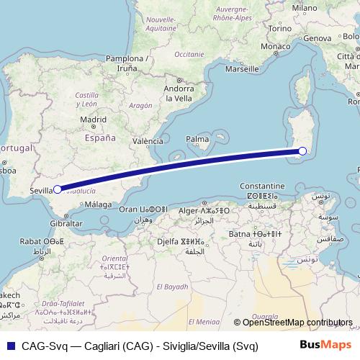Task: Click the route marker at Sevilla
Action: pos(57,190)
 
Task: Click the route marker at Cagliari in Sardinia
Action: pos(302,150)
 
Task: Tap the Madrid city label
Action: pos(93,120)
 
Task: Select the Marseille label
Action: pos(241,70)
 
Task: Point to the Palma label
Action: pos(197,138)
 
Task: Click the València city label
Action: pos(148,141)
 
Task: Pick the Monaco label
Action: pos(274,47)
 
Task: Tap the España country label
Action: pos(100,137)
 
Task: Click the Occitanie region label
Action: pos(190,53)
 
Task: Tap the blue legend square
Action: pos(9,344)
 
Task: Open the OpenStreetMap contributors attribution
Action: pos(296,323)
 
